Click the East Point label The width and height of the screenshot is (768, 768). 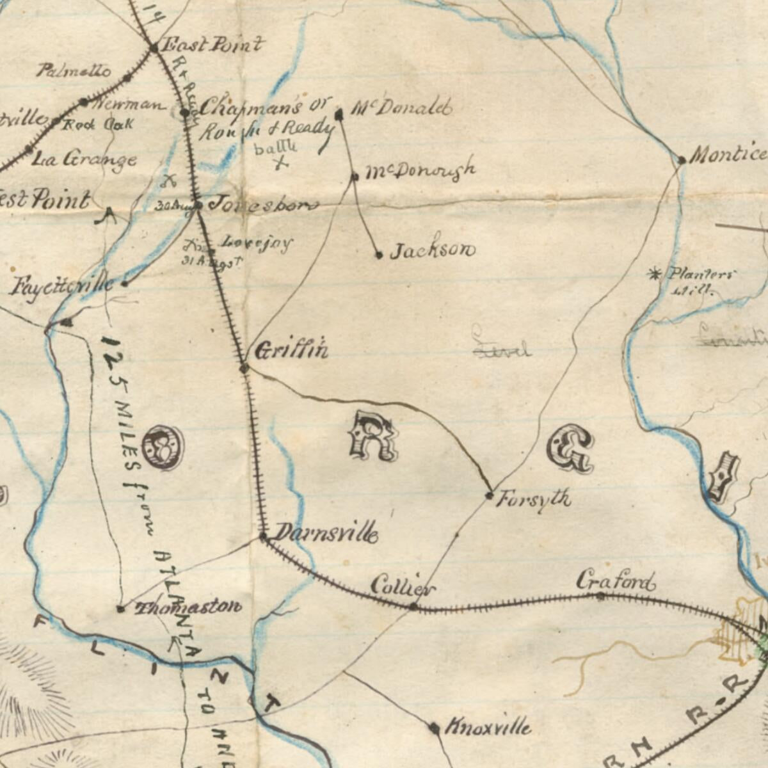pos(211,45)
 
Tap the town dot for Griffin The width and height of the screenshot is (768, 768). pos(244,368)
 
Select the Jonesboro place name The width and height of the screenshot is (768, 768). pos(263,205)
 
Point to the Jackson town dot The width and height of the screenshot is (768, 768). pos(379,255)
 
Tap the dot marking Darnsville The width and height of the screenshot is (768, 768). pos(263,536)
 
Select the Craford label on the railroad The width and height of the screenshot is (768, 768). pos(616,581)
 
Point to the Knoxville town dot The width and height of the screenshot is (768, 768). pos(434,728)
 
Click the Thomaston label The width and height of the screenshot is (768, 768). pos(188,607)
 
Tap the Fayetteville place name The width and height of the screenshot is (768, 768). pos(62,285)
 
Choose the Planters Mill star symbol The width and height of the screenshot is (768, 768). pos(654,275)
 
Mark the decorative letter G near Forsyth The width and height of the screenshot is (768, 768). pos(570,449)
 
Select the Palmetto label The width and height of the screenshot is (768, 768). pos(73,70)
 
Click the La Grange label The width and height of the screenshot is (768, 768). pos(84,159)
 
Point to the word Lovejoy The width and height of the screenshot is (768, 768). pos(257,243)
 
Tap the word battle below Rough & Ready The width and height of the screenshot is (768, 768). pos(276,148)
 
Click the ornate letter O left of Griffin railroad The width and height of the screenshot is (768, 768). pos(163,447)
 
